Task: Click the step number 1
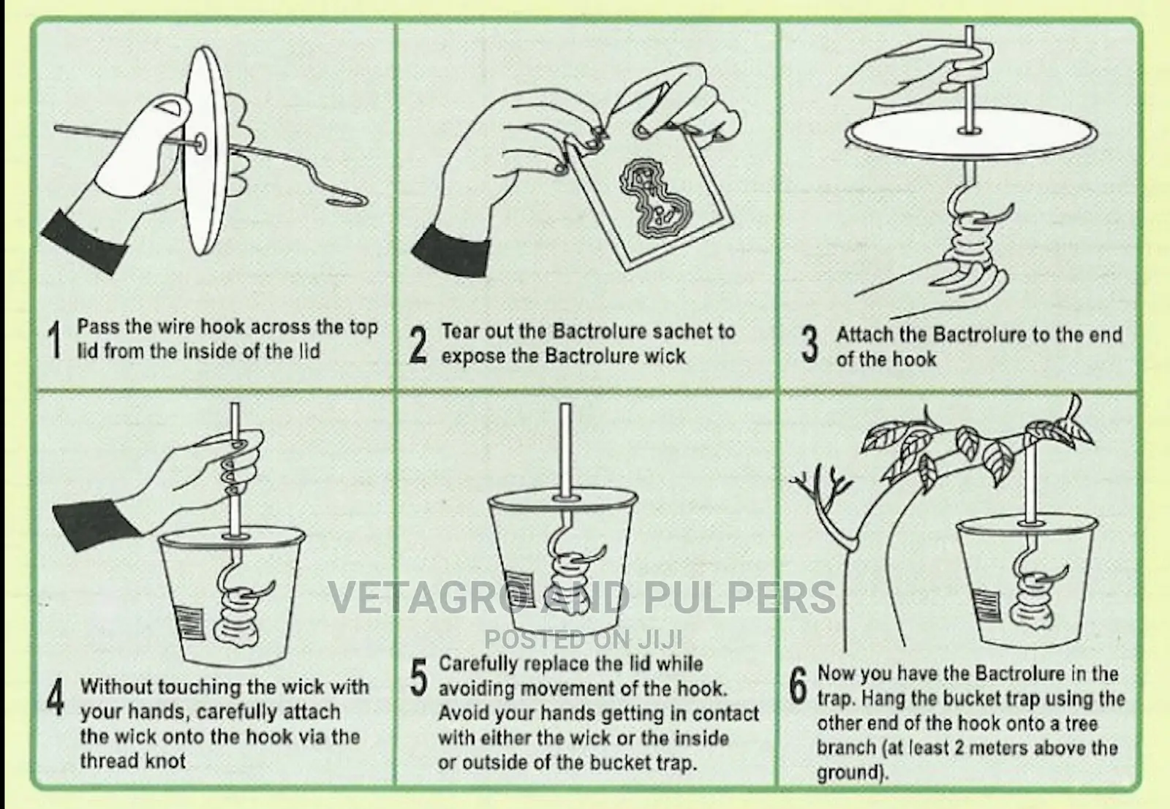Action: tap(55, 340)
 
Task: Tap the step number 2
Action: tap(418, 344)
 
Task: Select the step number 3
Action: tap(809, 344)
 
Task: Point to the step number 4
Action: tap(55, 696)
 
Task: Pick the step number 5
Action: tap(419, 677)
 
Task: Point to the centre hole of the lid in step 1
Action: tap(200, 143)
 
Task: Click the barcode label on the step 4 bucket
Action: tap(190, 622)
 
